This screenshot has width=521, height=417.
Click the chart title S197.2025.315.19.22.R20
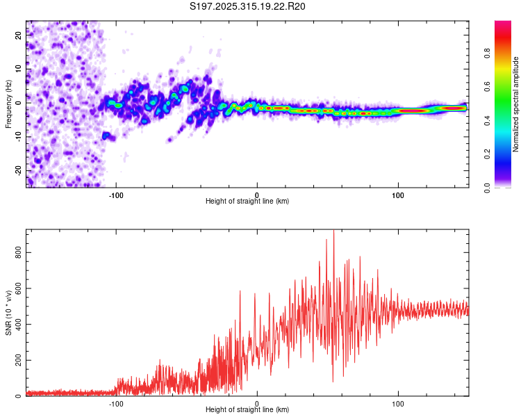(x=247, y=6)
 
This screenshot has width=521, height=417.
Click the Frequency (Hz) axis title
(x=8, y=104)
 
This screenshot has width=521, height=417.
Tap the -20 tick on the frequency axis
(x=19, y=170)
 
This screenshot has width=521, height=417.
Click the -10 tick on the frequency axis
(x=19, y=137)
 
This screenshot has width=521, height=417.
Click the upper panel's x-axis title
(x=247, y=202)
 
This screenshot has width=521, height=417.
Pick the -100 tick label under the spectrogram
(x=116, y=194)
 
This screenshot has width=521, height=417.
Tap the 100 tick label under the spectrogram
(x=398, y=194)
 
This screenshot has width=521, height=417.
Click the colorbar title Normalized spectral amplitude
(x=516, y=104)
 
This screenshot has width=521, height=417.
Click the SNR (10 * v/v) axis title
(x=8, y=313)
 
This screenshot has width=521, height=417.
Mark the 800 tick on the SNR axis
(x=19, y=253)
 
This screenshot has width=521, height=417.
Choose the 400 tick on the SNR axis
(x=19, y=325)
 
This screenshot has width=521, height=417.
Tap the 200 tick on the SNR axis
(x=19, y=361)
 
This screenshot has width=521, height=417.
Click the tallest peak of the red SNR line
(x=333, y=231)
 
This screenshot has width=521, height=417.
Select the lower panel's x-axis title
(x=247, y=410)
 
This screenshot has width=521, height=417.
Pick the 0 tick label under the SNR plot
(x=257, y=402)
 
